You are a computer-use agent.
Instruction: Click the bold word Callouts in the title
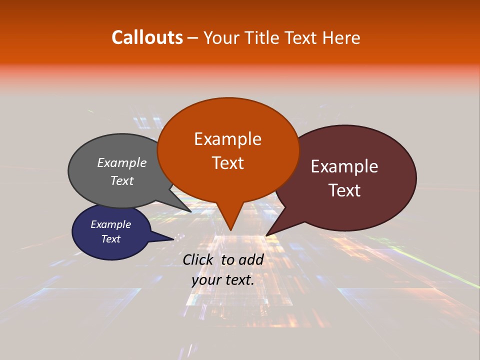147,37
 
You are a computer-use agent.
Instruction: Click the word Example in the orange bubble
227,139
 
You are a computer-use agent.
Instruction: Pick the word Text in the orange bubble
227,163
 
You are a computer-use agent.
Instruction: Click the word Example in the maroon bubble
344,166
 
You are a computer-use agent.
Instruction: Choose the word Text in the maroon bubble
344,190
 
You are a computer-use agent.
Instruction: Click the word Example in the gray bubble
122,163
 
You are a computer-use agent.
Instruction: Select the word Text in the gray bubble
122,180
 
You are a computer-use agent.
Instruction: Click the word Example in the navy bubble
111,224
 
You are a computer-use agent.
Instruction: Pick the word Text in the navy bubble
111,239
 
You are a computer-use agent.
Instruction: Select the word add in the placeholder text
252,259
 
